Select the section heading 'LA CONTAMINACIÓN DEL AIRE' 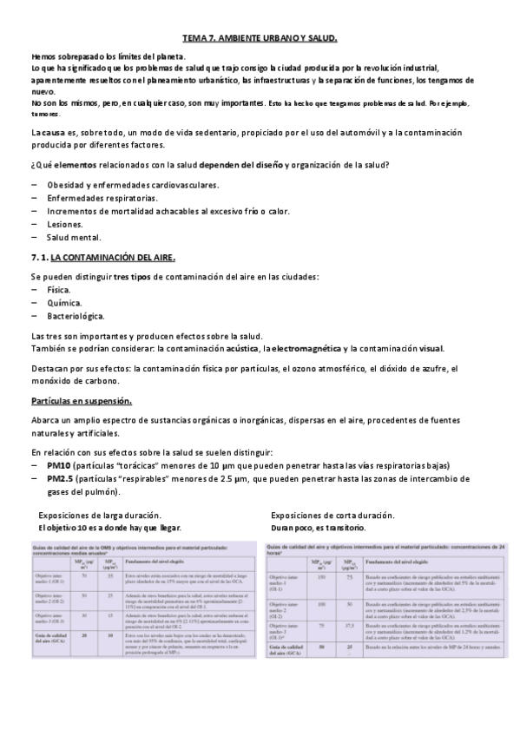tap(113, 258)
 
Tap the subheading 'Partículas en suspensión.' tap(81, 401)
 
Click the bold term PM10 tap(60, 466)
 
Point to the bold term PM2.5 tap(63, 478)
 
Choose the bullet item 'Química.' tap(65, 302)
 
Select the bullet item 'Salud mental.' tap(74, 237)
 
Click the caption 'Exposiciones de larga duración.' tap(104, 515)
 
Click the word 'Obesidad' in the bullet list tap(69, 185)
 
